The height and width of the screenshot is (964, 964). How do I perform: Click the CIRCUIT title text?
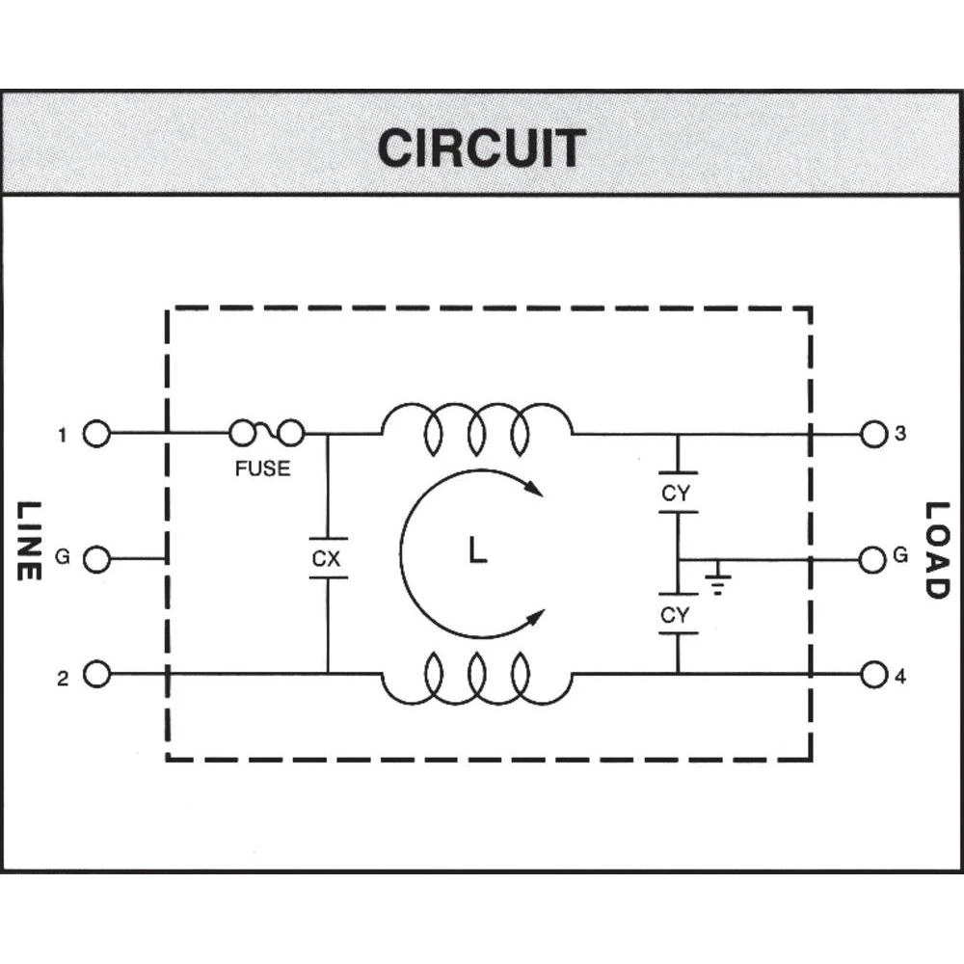(x=481, y=147)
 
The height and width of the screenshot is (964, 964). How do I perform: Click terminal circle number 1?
(x=96, y=435)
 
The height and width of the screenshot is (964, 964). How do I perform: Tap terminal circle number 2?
(x=96, y=674)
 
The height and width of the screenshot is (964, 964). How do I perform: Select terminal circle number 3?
(x=873, y=434)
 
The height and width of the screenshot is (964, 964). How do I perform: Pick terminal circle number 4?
(x=873, y=675)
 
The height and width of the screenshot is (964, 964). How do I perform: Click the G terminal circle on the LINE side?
(x=96, y=558)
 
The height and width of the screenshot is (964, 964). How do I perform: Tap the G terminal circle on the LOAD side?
(x=873, y=558)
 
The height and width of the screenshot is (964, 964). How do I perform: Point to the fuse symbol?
(x=267, y=435)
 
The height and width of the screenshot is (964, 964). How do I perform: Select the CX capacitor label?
(x=327, y=558)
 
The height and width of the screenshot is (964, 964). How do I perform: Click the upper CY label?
(x=676, y=494)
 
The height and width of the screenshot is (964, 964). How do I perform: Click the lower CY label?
(x=676, y=614)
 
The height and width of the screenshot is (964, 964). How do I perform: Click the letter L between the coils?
(x=477, y=551)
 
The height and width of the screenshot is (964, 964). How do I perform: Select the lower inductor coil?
(x=477, y=680)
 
